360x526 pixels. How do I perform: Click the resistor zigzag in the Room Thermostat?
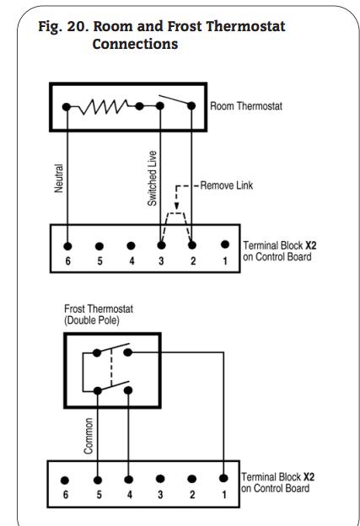104,107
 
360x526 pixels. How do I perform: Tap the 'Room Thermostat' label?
246,106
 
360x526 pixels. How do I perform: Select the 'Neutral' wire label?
59,178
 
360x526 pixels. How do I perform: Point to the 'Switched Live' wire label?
152,178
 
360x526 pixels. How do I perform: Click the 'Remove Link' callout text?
227,185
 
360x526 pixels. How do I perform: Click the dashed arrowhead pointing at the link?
176,206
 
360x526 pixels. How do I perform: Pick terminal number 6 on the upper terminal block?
67,260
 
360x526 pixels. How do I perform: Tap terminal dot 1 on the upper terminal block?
225,244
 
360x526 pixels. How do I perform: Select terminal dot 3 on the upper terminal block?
161,245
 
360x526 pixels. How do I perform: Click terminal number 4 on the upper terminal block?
132,260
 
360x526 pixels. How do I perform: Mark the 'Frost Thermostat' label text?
99,309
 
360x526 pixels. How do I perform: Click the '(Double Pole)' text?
92,320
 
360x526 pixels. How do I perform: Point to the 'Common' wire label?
89,436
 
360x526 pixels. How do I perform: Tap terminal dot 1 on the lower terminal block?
223,478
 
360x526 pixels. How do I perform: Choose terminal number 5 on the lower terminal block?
99,495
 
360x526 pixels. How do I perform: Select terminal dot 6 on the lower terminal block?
65,480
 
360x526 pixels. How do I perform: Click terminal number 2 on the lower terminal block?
192,495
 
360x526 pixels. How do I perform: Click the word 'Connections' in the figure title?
135,44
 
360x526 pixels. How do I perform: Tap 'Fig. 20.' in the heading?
63,26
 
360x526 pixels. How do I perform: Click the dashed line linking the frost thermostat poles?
111,368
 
